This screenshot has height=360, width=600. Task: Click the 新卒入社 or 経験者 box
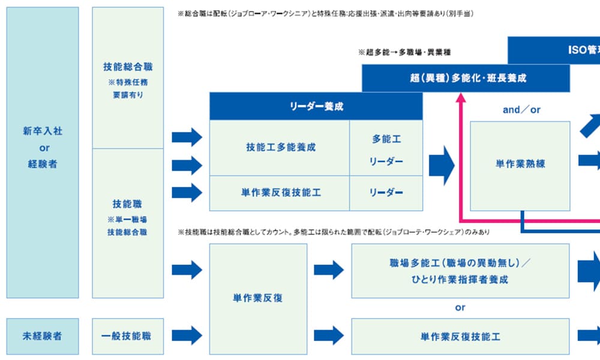(42, 152)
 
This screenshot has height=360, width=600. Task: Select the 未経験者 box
(42, 336)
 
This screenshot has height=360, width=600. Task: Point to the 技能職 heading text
(127, 204)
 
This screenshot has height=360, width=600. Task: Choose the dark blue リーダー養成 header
(316, 106)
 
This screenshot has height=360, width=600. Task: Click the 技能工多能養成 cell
(280, 147)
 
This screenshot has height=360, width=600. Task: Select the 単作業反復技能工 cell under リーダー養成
(280, 193)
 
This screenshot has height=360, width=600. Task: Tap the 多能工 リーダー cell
(386, 150)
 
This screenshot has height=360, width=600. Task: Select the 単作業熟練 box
(520, 164)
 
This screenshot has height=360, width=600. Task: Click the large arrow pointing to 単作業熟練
(443, 163)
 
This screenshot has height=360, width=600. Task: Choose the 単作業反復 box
(258, 298)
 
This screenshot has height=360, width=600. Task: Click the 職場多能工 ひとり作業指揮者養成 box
(460, 271)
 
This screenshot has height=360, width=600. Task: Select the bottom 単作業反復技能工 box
(460, 336)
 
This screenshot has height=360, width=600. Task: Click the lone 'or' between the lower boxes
(460, 308)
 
